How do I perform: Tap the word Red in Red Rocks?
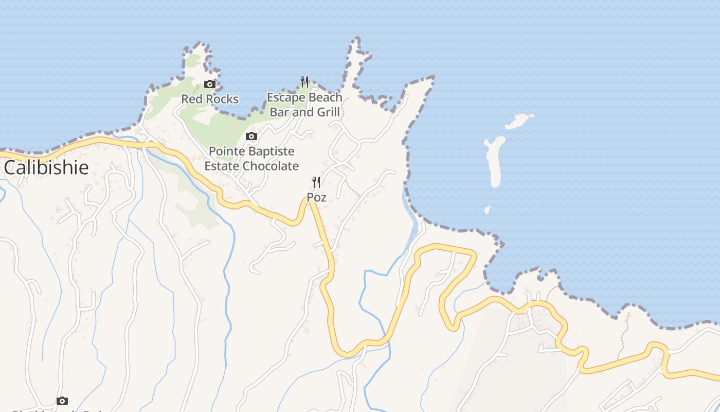(192, 99)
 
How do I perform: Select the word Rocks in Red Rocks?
(222, 99)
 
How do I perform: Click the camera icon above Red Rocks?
(209, 84)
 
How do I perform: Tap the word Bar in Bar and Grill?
(280, 112)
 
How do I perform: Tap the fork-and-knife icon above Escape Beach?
(304, 81)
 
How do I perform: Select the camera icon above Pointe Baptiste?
(251, 136)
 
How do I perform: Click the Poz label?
(316, 197)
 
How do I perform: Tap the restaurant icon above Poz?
(316, 182)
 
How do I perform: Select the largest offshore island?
(495, 161)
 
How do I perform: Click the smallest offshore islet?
(488, 210)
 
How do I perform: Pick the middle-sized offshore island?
(519, 122)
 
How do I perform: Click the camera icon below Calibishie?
(62, 401)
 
